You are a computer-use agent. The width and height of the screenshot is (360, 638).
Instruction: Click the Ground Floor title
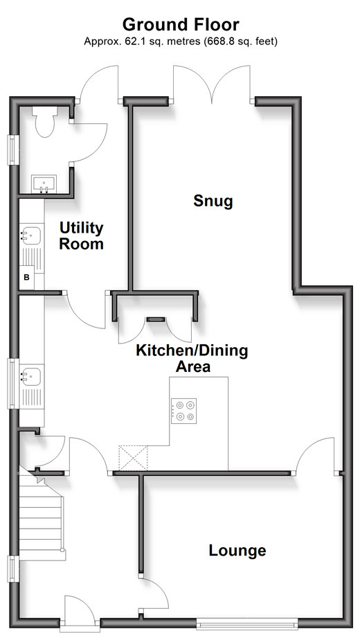pyautogui.click(x=181, y=24)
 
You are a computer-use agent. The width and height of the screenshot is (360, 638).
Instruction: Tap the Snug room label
pyautogui.click(x=213, y=201)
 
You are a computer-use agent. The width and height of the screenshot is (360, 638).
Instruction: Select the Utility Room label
pyautogui.click(x=82, y=236)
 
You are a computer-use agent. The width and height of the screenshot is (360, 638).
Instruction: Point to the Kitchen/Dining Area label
pyautogui.click(x=192, y=358)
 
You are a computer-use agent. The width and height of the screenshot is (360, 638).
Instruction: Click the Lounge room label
pyautogui.click(x=237, y=551)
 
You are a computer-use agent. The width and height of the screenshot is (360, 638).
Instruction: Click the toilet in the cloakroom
pyautogui.click(x=44, y=121)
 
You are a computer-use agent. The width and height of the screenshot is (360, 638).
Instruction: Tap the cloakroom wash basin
pyautogui.click(x=44, y=184)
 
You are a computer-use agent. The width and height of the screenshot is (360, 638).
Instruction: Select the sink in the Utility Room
pyautogui.click(x=31, y=236)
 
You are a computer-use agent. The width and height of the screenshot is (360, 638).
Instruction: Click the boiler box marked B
pyautogui.click(x=27, y=278)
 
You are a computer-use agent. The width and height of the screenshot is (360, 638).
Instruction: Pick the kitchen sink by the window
pyautogui.click(x=31, y=376)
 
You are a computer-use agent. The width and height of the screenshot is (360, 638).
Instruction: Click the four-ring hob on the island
pyautogui.click(x=184, y=411)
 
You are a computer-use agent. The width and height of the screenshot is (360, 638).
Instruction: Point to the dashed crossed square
pyautogui.click(x=133, y=459)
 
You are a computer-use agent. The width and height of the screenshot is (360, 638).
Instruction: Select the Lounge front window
pyautogui.click(x=247, y=623)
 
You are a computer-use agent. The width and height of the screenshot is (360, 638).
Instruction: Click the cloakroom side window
pyautogui.click(x=13, y=150)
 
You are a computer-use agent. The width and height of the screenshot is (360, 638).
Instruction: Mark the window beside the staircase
pyautogui.click(x=13, y=569)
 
